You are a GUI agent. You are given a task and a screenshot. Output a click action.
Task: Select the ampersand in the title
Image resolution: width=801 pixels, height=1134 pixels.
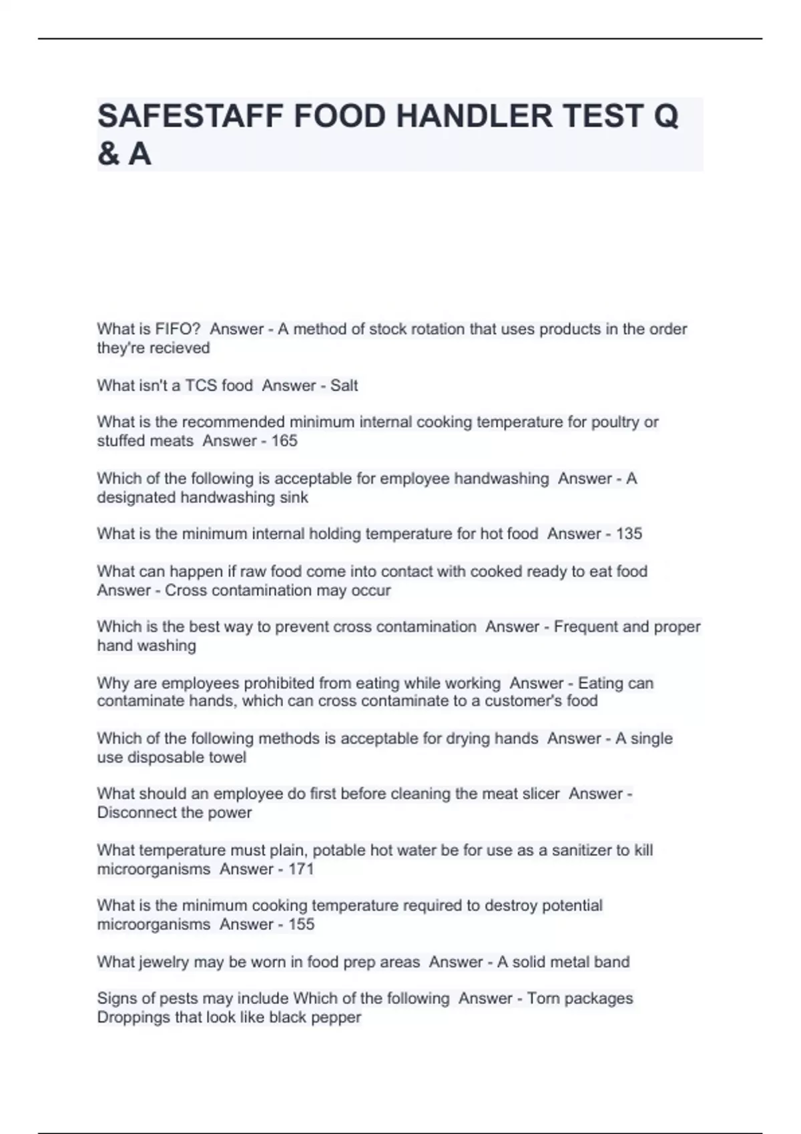pyautogui.click(x=107, y=155)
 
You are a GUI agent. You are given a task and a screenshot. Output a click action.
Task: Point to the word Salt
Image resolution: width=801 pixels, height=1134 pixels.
pyautogui.click(x=344, y=386)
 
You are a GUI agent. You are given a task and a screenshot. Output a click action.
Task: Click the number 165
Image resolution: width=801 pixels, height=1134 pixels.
pyautogui.click(x=284, y=441)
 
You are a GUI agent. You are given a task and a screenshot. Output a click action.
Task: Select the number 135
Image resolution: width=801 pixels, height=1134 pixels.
pyautogui.click(x=629, y=534)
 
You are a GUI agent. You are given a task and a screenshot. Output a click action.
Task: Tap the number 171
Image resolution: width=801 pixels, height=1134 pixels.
pyautogui.click(x=301, y=869)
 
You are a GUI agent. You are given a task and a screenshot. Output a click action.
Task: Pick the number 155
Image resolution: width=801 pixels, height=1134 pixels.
pyautogui.click(x=301, y=925)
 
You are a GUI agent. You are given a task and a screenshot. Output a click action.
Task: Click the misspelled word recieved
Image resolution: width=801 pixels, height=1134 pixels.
pyautogui.click(x=182, y=348)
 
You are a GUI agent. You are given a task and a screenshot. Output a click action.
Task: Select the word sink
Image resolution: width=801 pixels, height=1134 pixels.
pyautogui.click(x=294, y=498)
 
